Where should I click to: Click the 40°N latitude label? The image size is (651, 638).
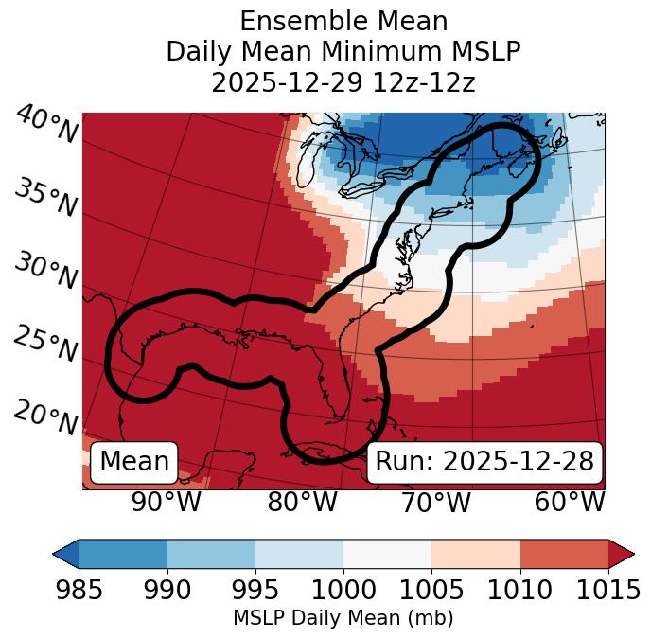45,126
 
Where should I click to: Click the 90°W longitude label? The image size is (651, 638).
166,502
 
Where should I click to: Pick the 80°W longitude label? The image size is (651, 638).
302,502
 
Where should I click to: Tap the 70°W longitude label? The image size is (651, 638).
435,502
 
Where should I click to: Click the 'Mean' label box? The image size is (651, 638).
134,462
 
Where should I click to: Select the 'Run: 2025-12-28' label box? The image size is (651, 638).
484,462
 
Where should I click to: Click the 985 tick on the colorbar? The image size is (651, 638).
79,590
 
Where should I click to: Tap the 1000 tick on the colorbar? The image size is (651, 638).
343,590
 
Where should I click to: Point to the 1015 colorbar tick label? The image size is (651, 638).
608,590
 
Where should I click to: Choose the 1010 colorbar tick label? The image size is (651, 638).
519,590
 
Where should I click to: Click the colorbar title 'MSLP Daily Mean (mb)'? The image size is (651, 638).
343,619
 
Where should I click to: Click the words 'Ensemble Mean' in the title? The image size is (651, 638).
343,21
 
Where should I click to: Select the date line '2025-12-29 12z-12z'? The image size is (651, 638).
343,82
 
